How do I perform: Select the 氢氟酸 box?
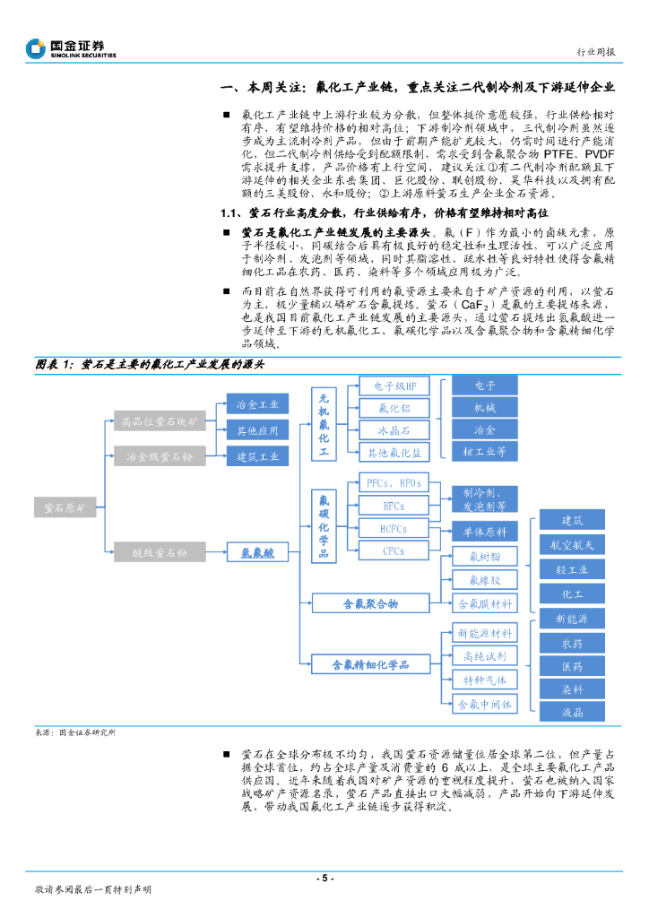(257, 554)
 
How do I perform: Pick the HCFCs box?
(394, 529)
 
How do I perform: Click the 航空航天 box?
(572, 545)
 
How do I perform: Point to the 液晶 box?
(572, 713)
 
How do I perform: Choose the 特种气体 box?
(484, 680)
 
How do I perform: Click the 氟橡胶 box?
(484, 579)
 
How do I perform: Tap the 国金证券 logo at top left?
(72, 48)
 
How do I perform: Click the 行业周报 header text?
(595, 52)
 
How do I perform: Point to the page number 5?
(324, 878)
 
